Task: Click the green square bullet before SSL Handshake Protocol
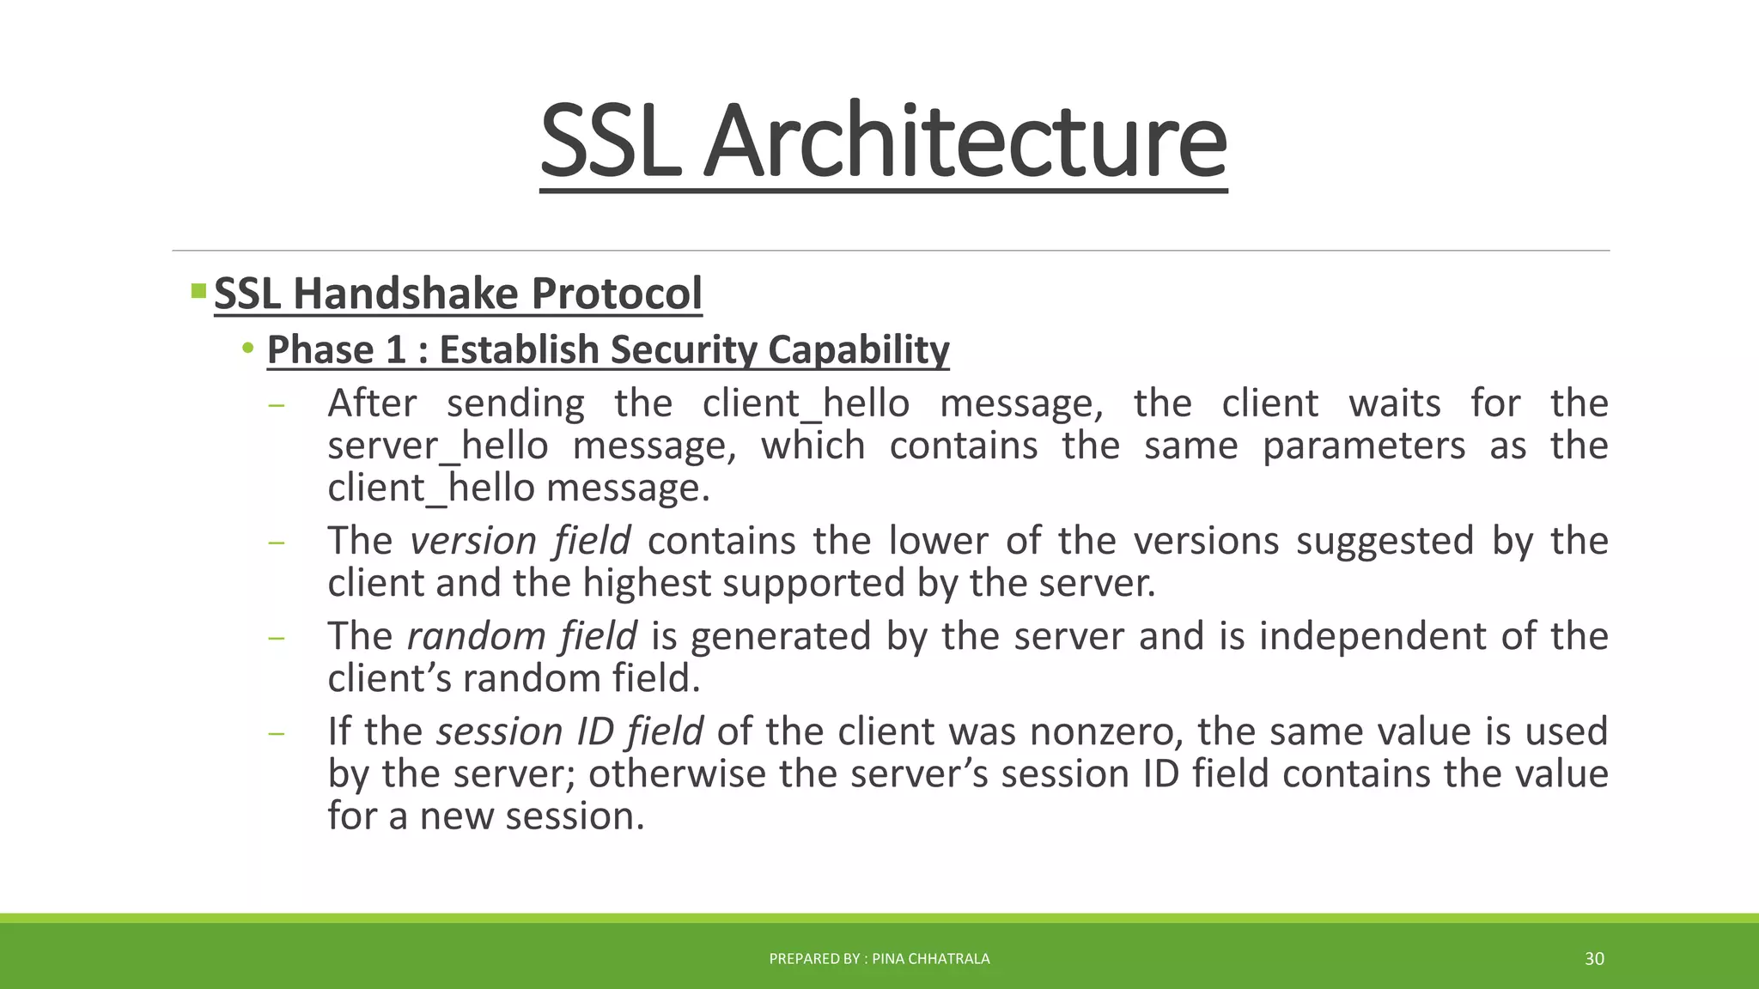pos(198,291)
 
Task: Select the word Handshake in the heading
pos(406,294)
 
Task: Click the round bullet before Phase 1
pos(248,349)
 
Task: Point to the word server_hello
pos(438,446)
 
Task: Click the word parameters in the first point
pos(1363,446)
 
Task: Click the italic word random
pos(476,636)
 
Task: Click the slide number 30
pos(1594,959)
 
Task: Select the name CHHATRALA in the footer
pos(949,959)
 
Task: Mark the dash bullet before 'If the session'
pos(276,734)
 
